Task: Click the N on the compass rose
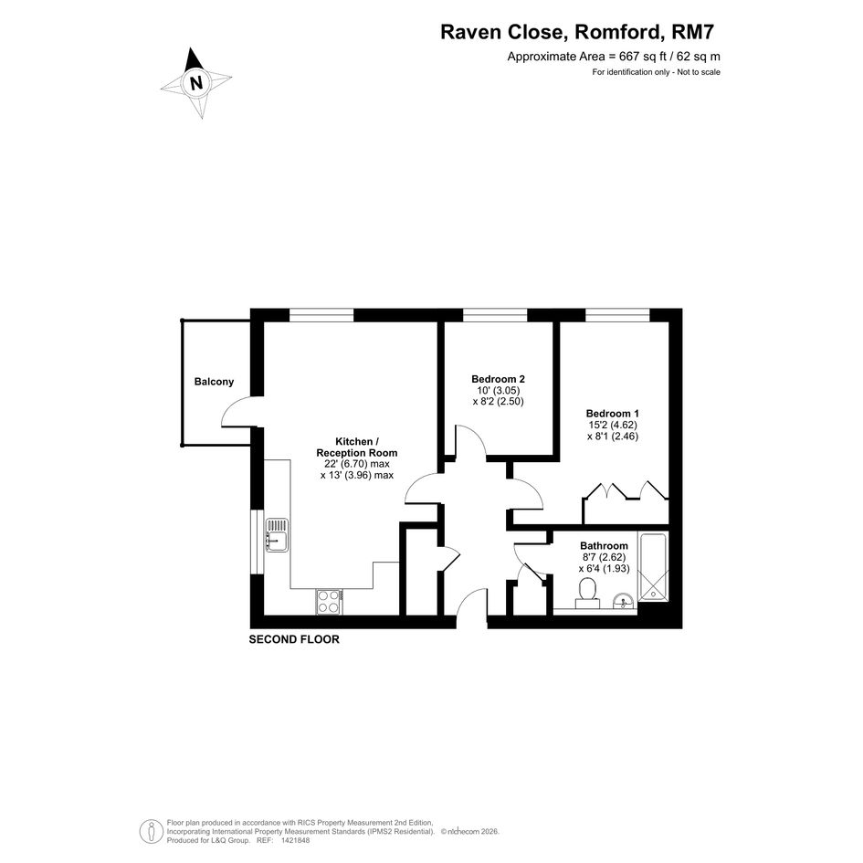pos(196,82)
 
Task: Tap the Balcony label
pos(214,382)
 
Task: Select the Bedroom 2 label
pos(498,379)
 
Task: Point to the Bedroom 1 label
pos(613,414)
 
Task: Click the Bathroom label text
pos(604,545)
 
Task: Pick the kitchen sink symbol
pos(277,534)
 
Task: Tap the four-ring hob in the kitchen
pos(329,602)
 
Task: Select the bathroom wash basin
pos(624,601)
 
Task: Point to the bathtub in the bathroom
pos(653,566)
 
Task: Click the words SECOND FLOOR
pos(294,639)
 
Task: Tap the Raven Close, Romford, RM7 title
pos(577,32)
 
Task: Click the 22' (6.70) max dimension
pos(357,464)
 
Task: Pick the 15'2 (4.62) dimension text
pos(613,425)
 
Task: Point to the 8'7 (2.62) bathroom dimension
pos(604,557)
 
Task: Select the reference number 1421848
pos(296,840)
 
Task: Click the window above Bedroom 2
pos(495,315)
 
